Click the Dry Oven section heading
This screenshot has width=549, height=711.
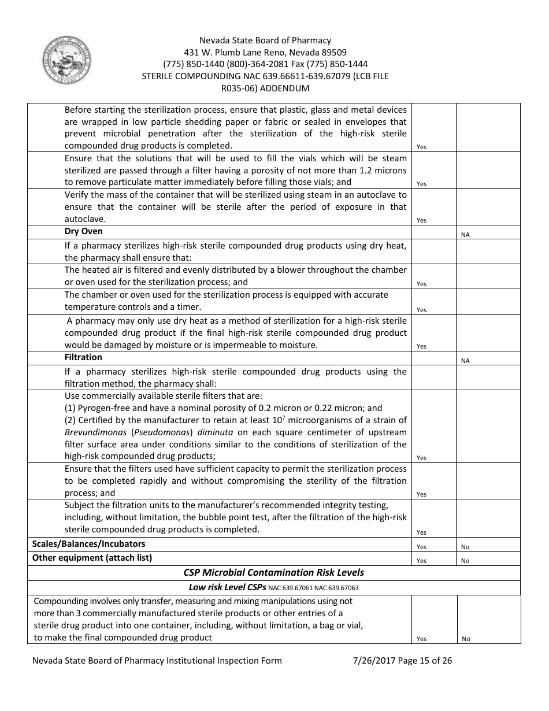pos(83,232)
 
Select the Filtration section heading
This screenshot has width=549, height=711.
pos(83,357)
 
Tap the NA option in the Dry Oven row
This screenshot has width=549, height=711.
pos(465,235)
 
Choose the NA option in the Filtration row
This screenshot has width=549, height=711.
pos(465,361)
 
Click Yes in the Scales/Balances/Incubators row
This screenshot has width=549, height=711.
pos(421,547)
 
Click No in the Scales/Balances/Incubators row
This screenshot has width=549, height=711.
pos(465,547)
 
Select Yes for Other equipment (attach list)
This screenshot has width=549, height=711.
pos(421,561)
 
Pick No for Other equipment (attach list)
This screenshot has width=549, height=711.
pos(465,561)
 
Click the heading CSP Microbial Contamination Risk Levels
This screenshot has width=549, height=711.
pos(273,573)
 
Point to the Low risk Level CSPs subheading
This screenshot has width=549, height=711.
pos(227,587)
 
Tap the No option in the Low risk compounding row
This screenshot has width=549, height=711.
pos(466,639)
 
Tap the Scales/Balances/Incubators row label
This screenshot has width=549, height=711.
pos(88,544)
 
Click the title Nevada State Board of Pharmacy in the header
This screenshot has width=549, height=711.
pos(265,40)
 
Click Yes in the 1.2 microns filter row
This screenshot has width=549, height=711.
pos(421,184)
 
